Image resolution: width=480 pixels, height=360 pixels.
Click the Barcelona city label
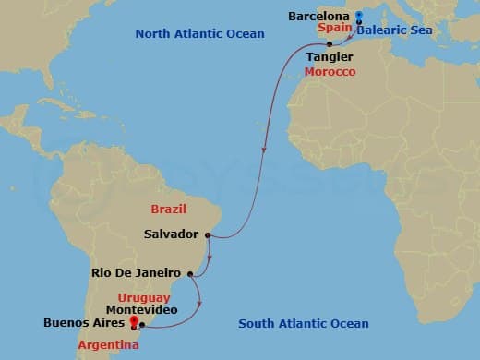click(x=318, y=17)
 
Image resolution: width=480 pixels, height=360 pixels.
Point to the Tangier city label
click(x=329, y=57)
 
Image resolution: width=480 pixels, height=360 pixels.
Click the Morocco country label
click(x=329, y=72)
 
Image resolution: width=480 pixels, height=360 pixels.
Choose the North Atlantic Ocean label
click(x=199, y=34)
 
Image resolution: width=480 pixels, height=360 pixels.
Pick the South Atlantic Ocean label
click(x=304, y=323)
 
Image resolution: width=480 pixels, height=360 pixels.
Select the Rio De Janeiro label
click(x=137, y=273)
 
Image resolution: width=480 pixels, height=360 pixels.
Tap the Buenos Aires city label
click(x=84, y=323)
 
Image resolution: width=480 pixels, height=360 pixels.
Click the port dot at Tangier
click(x=329, y=44)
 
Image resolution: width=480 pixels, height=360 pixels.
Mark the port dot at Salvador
click(x=210, y=235)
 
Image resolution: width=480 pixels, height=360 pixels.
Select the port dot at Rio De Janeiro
click(x=190, y=273)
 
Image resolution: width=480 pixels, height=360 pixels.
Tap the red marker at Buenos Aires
click(x=135, y=322)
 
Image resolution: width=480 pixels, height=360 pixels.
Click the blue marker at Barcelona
click(x=358, y=15)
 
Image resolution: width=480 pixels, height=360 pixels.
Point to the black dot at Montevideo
click(x=142, y=325)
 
